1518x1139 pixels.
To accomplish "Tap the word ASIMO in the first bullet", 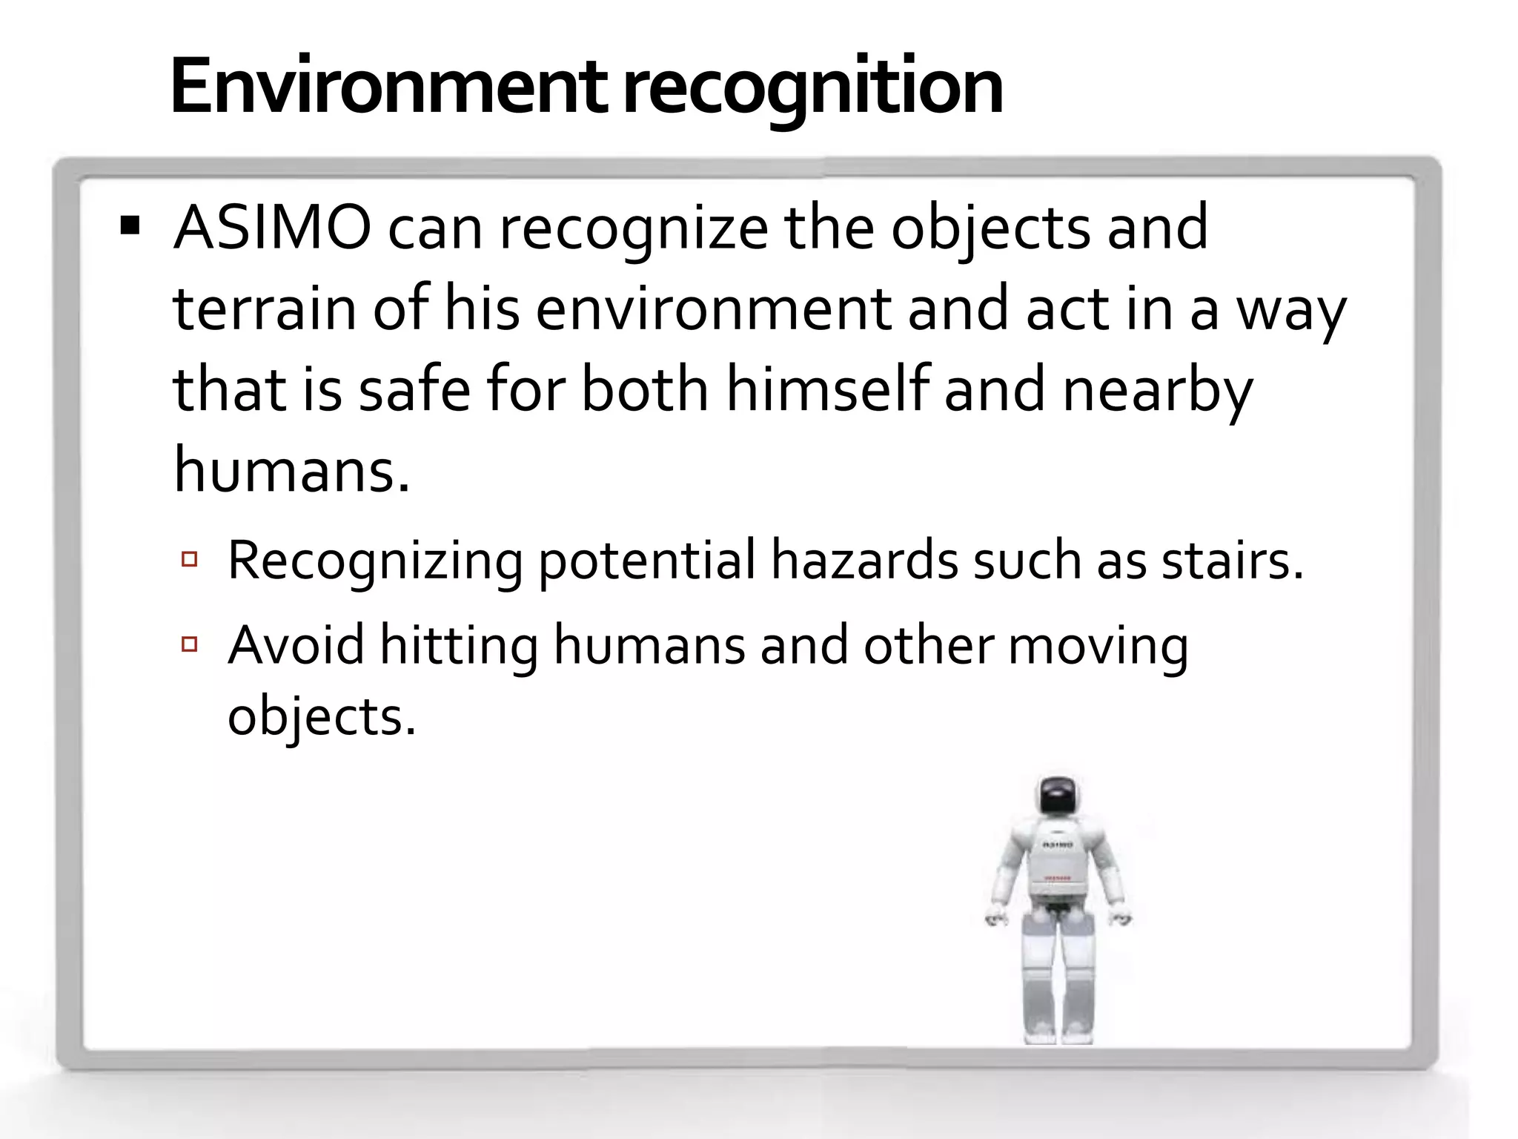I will click(272, 228).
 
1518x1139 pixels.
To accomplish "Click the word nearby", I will click(1157, 391).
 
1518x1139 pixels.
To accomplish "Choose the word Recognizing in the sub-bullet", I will click(375, 561).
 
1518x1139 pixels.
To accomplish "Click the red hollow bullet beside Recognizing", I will click(189, 559).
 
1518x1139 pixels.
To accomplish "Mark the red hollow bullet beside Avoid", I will click(189, 644).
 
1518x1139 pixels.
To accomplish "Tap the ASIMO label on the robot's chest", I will click(1058, 845).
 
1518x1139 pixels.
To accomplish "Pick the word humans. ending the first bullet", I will click(291, 470).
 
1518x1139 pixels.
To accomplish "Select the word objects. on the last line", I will click(322, 717).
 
